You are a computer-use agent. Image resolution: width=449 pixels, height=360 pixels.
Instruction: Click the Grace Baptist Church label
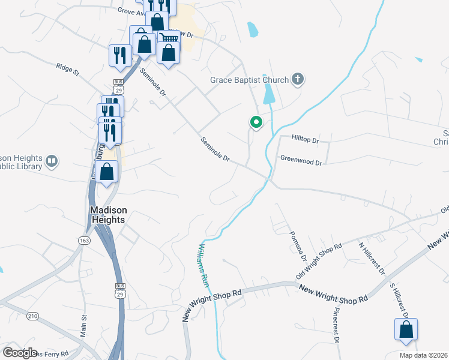(249, 79)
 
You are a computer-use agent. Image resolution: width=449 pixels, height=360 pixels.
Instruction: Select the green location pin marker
(256, 122)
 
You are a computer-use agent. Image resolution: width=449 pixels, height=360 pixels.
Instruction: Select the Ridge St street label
(68, 70)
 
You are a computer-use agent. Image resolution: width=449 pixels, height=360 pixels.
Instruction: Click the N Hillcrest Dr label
(372, 258)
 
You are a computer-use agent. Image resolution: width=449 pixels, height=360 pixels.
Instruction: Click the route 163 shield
(84, 240)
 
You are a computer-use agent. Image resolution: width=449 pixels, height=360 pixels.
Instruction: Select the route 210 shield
(32, 316)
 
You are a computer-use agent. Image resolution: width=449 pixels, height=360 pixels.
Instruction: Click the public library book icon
(52, 161)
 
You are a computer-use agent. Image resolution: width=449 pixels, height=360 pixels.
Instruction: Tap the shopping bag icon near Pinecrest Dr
(406, 329)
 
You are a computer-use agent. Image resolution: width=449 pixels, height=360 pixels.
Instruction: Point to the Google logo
(20, 352)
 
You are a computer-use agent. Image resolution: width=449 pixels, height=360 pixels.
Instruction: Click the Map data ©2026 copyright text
(423, 355)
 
